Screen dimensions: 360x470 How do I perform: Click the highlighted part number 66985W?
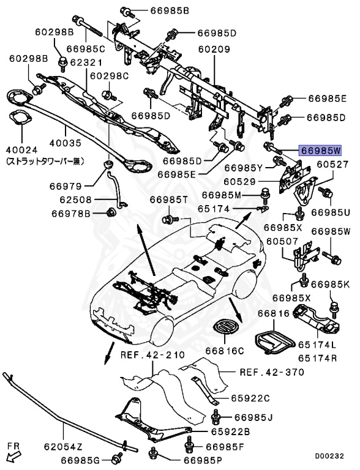320,151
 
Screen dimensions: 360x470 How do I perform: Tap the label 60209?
214,49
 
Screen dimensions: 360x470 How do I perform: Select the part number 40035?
66,143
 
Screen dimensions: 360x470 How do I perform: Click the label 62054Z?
63,447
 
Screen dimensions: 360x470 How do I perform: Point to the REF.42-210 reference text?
152,355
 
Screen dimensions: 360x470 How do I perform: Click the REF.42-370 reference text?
272,372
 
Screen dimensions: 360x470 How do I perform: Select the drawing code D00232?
329,456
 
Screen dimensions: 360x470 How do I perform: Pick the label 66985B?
170,11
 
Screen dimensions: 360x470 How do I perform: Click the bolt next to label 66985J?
216,417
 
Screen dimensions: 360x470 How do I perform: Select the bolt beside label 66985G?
116,458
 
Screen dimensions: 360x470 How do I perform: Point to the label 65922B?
230,431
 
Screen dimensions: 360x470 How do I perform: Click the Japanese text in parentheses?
45,162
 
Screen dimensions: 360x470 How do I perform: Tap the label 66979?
66,186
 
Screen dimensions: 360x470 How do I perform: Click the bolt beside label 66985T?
170,220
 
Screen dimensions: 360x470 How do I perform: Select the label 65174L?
318,345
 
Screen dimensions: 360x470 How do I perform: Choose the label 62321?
86,62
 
